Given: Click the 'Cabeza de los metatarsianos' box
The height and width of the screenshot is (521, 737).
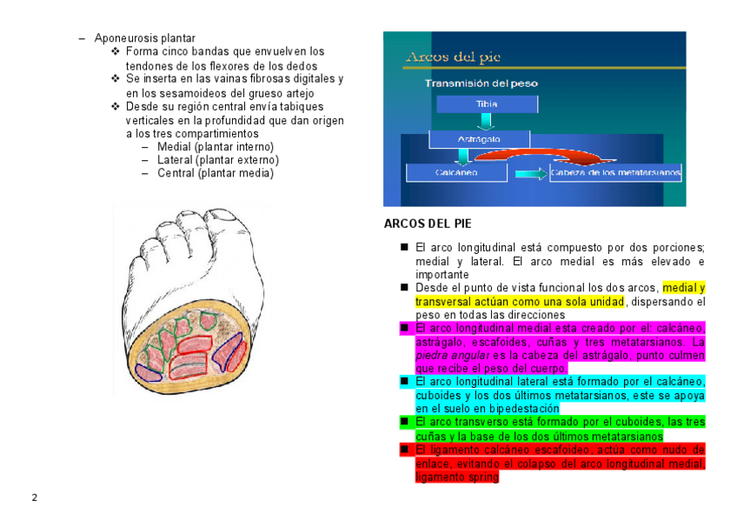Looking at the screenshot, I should [x=615, y=173].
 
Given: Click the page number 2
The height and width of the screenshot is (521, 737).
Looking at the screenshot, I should [x=35, y=498].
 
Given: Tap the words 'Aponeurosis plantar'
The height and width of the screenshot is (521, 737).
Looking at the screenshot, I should [x=144, y=38].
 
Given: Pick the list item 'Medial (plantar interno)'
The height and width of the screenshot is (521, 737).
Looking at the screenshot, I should [x=215, y=147].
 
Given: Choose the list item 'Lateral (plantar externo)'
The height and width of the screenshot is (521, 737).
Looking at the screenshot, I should [x=217, y=160].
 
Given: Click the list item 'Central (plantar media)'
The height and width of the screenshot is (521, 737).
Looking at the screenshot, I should [x=215, y=173].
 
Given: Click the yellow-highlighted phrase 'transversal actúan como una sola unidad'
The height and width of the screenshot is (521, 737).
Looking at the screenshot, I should [x=519, y=301].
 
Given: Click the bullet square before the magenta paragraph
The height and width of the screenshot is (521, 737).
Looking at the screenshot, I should [x=404, y=328].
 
